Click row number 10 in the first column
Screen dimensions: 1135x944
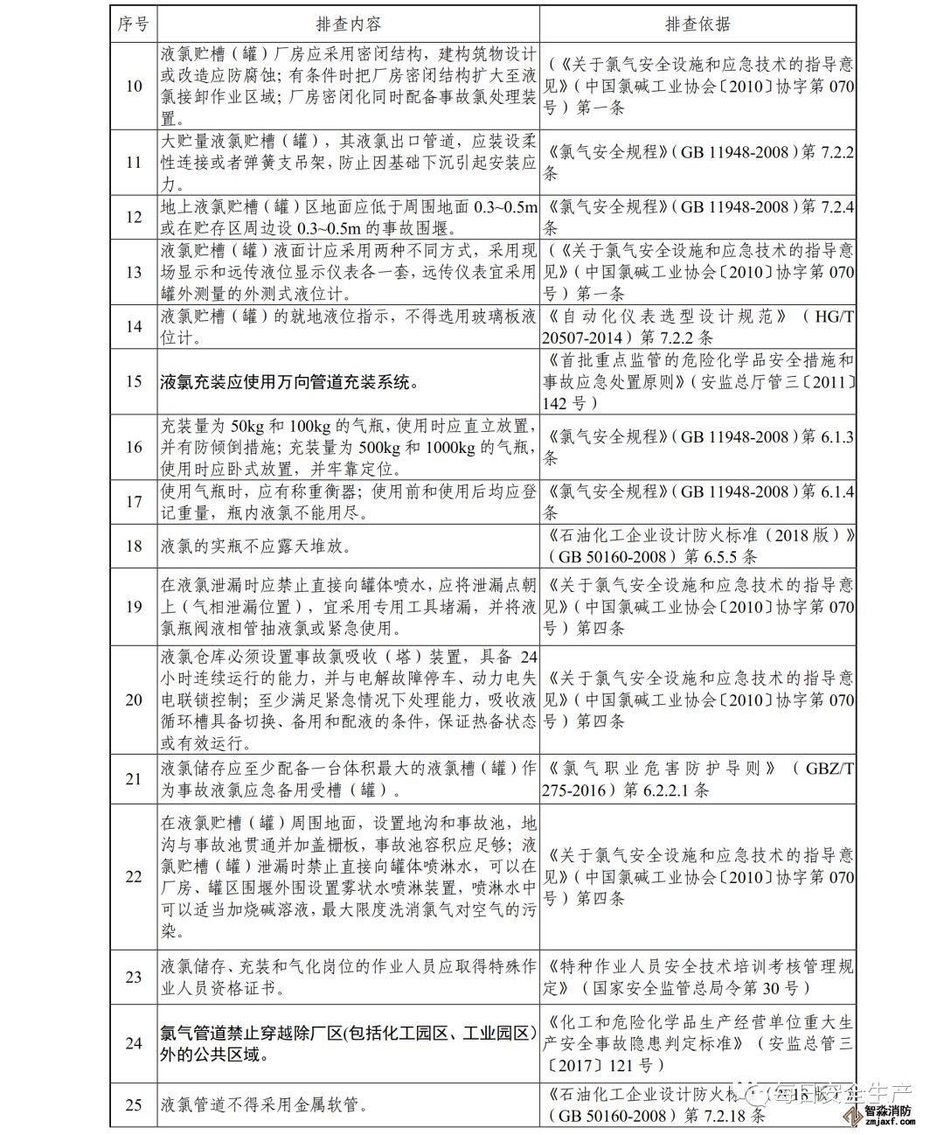[134, 86]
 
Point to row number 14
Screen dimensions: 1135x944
[134, 326]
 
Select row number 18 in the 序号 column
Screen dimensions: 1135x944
[134, 546]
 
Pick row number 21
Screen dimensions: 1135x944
[134, 778]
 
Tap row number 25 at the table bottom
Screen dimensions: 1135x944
[134, 1104]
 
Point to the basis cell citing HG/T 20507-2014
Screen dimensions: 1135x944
[697, 326]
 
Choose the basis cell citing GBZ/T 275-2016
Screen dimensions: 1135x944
[697, 778]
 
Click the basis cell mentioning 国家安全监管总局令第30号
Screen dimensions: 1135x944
[697, 977]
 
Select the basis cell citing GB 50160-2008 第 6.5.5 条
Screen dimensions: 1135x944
[697, 546]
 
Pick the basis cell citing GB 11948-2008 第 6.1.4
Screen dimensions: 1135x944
[697, 501]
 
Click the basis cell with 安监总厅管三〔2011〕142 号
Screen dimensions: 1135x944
[697, 381]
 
